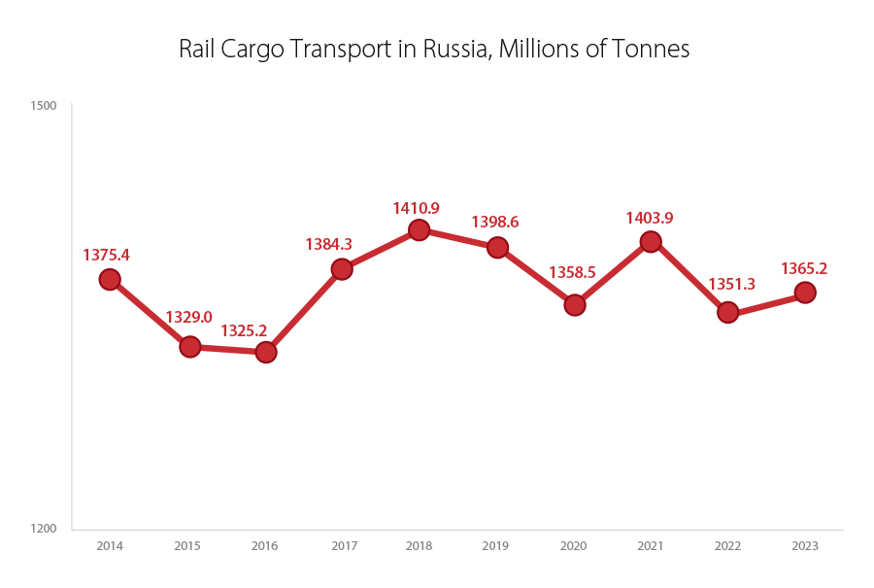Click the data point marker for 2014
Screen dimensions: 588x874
pos(110,280)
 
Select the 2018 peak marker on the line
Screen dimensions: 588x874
pos(419,230)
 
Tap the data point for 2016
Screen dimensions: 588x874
pos(266,352)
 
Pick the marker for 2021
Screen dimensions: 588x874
pos(651,242)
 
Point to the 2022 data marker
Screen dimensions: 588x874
pos(727,312)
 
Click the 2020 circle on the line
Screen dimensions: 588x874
pos(574,305)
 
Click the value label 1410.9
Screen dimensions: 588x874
pos(416,208)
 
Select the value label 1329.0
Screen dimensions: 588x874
pos(188,317)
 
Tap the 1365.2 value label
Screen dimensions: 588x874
pos(804,269)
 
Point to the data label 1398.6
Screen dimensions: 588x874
pos(495,223)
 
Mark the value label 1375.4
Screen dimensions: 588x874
pos(106,255)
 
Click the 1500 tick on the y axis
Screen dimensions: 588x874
pos(44,106)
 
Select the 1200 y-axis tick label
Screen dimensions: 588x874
pos(44,529)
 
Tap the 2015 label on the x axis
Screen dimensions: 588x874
pos(187,546)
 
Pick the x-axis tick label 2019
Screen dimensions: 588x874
pos(496,546)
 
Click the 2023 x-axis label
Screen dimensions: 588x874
pos(805,546)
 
